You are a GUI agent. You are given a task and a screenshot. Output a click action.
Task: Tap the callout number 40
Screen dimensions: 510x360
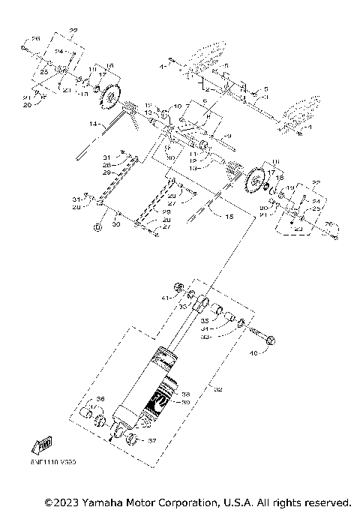[252, 352]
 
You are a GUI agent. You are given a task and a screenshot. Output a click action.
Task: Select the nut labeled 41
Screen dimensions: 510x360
[178, 287]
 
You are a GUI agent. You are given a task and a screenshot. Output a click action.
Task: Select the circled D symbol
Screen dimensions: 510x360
[97, 226]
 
